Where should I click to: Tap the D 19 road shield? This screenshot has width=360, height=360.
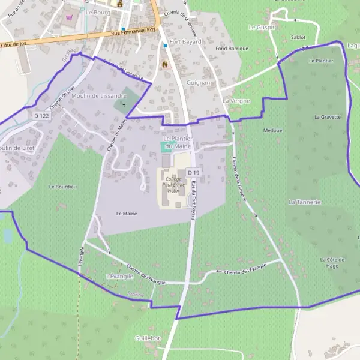(193, 173)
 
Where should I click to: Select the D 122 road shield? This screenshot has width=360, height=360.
(41, 115)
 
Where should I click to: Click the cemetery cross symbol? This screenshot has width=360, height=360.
(124, 106)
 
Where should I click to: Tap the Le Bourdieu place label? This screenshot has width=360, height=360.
(62, 187)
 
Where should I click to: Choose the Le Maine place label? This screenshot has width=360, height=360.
(127, 213)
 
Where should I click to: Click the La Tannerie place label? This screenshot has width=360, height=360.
(304, 202)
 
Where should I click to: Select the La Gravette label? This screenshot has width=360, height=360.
(327, 117)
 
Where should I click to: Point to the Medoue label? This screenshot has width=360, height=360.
(272, 130)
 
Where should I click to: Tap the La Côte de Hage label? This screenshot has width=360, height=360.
(329, 262)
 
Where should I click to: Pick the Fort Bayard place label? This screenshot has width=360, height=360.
(185, 42)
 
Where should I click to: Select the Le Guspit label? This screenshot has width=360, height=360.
(261, 28)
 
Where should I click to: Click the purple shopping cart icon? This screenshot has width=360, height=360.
(70, 18)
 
